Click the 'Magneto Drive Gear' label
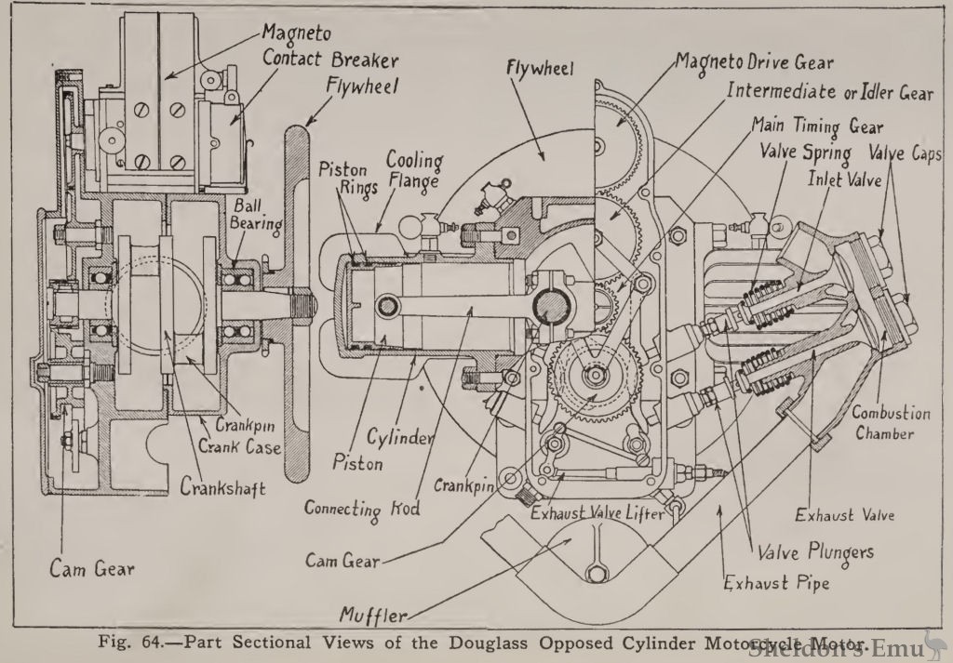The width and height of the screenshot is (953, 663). tap(755, 63)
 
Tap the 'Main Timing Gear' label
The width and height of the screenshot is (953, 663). tap(816, 126)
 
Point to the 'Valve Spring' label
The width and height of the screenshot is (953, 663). tap(802, 152)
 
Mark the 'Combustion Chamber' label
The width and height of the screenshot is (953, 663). tap(891, 423)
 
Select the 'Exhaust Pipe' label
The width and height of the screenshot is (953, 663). tap(778, 584)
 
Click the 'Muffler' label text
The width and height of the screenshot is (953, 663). tap(369, 614)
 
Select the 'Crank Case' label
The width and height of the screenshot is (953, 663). tap(229, 445)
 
